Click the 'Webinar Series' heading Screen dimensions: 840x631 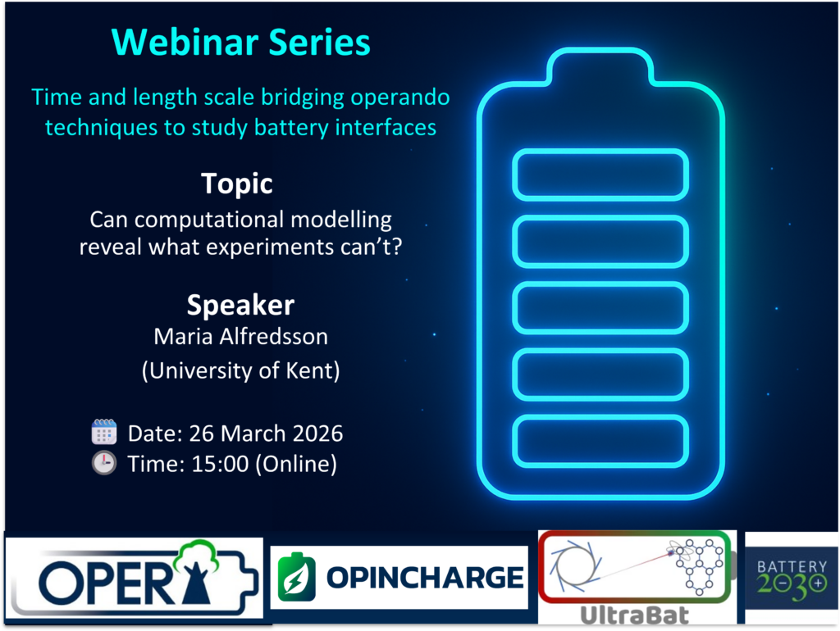[x=240, y=43]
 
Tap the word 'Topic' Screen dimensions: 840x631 [x=237, y=184]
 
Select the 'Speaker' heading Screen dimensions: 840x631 [x=240, y=306]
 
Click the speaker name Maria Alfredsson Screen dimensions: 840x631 [x=240, y=337]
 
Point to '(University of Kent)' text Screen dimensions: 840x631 [x=240, y=370]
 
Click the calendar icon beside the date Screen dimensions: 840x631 [x=104, y=432]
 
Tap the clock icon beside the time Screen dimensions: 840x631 [x=104, y=463]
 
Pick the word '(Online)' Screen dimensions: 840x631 [x=296, y=464]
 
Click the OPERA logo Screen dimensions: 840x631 [x=135, y=578]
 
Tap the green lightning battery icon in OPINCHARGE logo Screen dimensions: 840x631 [x=296, y=577]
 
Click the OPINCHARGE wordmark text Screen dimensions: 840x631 [x=426, y=578]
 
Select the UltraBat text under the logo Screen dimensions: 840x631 [x=635, y=615]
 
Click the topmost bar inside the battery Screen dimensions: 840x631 [x=600, y=175]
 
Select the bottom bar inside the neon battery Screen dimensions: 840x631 [x=600, y=442]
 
